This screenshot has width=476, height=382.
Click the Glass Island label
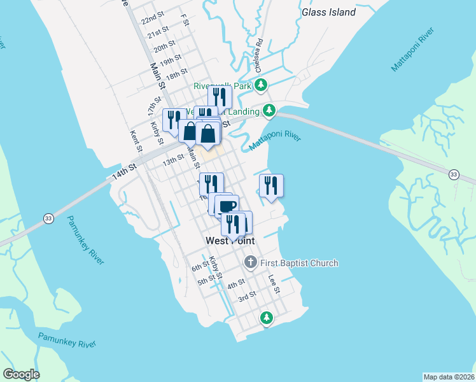point(328,12)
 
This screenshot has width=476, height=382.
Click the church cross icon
point(251,262)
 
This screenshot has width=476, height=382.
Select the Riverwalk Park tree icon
point(261,85)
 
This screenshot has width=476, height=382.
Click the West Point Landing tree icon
point(270,111)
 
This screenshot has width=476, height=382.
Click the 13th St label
point(172,162)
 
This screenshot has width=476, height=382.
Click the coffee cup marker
point(227,205)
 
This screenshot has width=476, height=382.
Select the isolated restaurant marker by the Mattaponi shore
point(271,185)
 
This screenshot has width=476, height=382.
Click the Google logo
point(21,374)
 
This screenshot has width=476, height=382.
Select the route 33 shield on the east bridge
point(453,174)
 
